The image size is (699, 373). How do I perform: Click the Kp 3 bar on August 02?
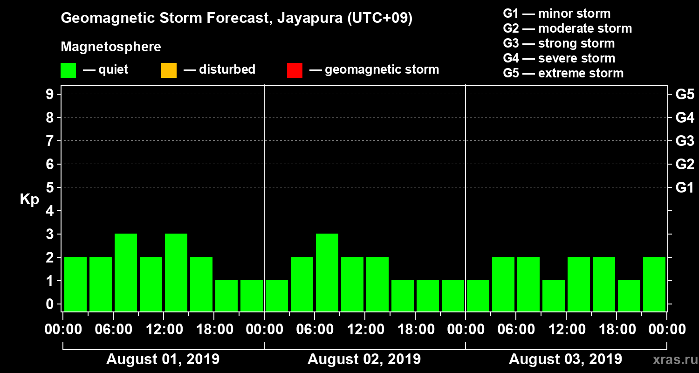tap(327, 272)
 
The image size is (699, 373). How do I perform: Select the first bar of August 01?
tap(75, 284)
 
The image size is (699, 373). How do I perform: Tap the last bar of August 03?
tap(654, 284)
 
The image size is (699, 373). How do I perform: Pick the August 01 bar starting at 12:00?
tap(176, 272)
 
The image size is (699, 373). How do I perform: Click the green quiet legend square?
tap(68, 70)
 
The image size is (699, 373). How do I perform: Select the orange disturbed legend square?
tap(169, 70)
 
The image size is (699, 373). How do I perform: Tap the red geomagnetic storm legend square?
tap(295, 70)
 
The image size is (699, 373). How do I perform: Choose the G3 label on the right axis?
tap(685, 141)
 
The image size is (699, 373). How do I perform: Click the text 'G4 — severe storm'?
tap(559, 58)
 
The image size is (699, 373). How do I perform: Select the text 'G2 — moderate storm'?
tap(567, 28)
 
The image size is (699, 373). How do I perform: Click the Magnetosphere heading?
tap(111, 47)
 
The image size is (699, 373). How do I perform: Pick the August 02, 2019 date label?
tap(364, 359)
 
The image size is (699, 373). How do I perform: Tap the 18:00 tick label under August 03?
tap(616, 330)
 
